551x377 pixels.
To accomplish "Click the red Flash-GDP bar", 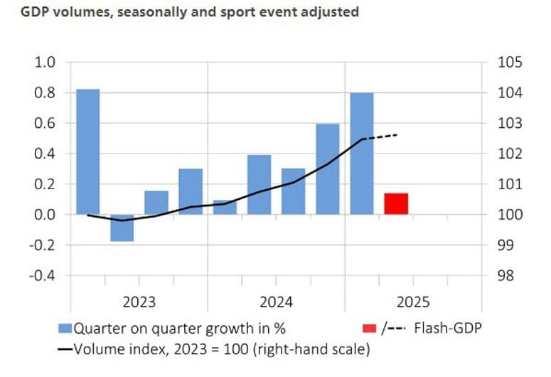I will tap(395, 203).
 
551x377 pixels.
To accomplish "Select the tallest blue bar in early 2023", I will tap(87, 152).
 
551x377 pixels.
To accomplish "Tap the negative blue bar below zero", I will tap(122, 228).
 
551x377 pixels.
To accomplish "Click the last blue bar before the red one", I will tap(361, 154).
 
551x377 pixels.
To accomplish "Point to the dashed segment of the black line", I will tap(380, 137).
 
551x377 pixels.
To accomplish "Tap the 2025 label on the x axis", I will tap(413, 302).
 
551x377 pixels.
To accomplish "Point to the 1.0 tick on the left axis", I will tap(45, 63).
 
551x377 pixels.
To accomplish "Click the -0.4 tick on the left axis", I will tap(42, 275).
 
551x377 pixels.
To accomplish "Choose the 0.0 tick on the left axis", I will tap(45, 215).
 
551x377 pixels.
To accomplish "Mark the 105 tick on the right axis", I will tap(509, 63).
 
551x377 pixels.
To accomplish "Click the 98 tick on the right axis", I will tap(506, 275).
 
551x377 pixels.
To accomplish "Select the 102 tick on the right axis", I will tap(509, 154).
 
